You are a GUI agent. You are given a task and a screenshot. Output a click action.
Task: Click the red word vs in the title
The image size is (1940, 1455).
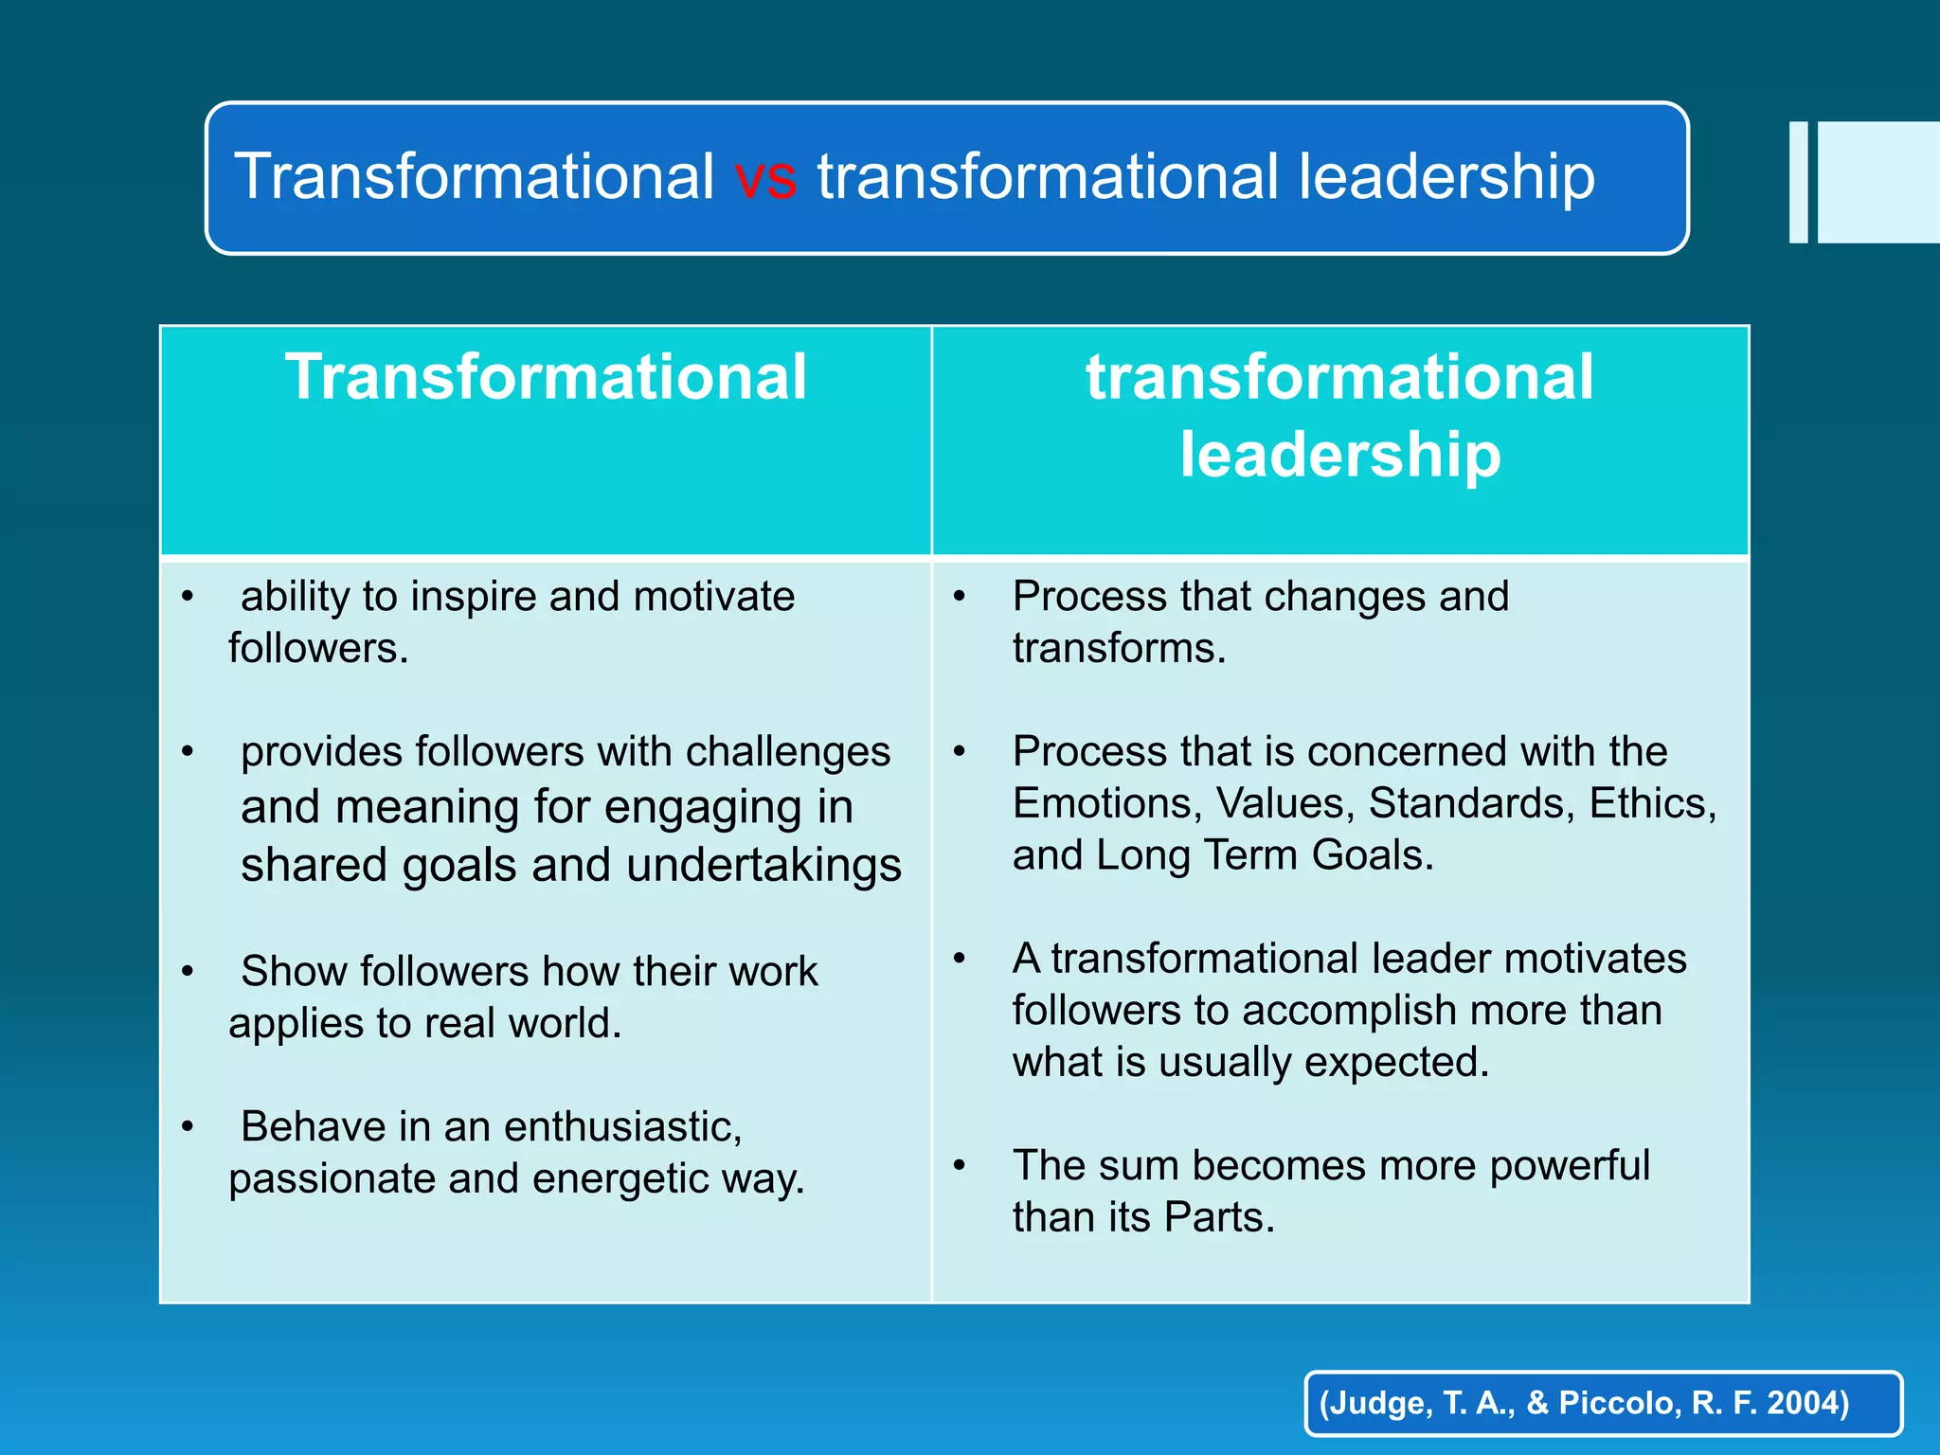coord(765,177)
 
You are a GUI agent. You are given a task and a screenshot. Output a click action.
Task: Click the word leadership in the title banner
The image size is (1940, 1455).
coord(1446,177)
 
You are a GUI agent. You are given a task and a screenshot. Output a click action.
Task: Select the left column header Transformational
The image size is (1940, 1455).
coord(546,377)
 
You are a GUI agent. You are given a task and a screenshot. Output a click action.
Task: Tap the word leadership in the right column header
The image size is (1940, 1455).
coord(1339,455)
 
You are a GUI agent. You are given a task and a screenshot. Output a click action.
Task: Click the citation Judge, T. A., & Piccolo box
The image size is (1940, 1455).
coord(1603,1403)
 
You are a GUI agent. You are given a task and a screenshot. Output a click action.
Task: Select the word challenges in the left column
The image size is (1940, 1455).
coord(788,752)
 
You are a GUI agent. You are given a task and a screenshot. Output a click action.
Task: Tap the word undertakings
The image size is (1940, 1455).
coord(763,866)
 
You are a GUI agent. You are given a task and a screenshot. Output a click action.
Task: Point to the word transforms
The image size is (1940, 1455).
coord(1119,649)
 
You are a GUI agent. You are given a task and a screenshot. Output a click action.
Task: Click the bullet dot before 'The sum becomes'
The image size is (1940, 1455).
coord(960,1166)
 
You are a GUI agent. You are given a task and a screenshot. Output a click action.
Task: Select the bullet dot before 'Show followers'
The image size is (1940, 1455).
coord(188,972)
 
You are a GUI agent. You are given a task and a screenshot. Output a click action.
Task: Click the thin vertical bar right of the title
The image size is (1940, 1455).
coord(1798,182)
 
